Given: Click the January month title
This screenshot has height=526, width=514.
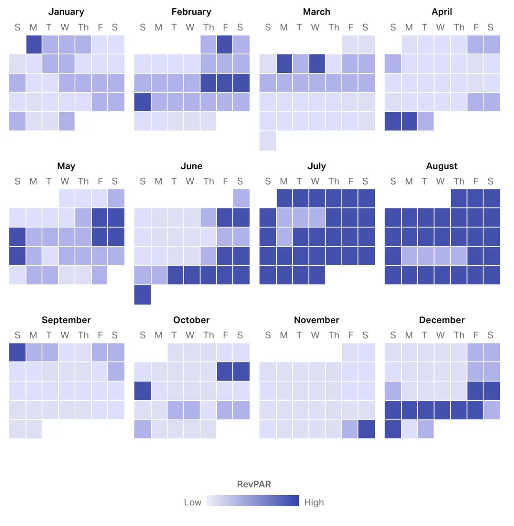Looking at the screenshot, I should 66,12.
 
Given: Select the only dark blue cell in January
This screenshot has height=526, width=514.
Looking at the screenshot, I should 34,45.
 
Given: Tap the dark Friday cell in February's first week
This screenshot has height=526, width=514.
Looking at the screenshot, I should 225,45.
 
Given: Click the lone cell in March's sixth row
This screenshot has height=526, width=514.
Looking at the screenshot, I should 268,141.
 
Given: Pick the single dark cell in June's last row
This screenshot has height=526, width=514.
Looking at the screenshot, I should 142,295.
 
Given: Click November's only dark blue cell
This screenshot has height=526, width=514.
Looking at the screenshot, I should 366,429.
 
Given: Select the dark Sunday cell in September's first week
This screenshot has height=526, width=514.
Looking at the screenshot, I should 18,352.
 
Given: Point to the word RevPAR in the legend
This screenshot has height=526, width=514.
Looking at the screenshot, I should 254,484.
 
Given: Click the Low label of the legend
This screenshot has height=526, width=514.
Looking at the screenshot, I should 192,502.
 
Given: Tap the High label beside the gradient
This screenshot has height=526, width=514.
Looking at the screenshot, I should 314,502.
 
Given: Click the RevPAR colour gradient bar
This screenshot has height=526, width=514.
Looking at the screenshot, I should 253,501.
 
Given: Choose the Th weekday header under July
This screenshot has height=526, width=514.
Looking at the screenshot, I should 334,181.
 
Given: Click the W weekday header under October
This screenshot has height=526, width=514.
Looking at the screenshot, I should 190,335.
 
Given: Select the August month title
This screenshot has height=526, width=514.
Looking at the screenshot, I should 442,166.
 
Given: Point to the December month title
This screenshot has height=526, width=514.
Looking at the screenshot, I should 442,320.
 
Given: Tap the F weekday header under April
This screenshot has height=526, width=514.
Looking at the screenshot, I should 475,27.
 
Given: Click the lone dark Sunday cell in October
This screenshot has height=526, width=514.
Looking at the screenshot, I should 142,391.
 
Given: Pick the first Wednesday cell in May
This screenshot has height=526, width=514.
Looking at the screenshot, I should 67,198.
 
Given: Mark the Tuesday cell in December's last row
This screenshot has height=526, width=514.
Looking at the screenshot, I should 425,429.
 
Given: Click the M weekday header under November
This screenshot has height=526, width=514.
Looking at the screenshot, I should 284,335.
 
